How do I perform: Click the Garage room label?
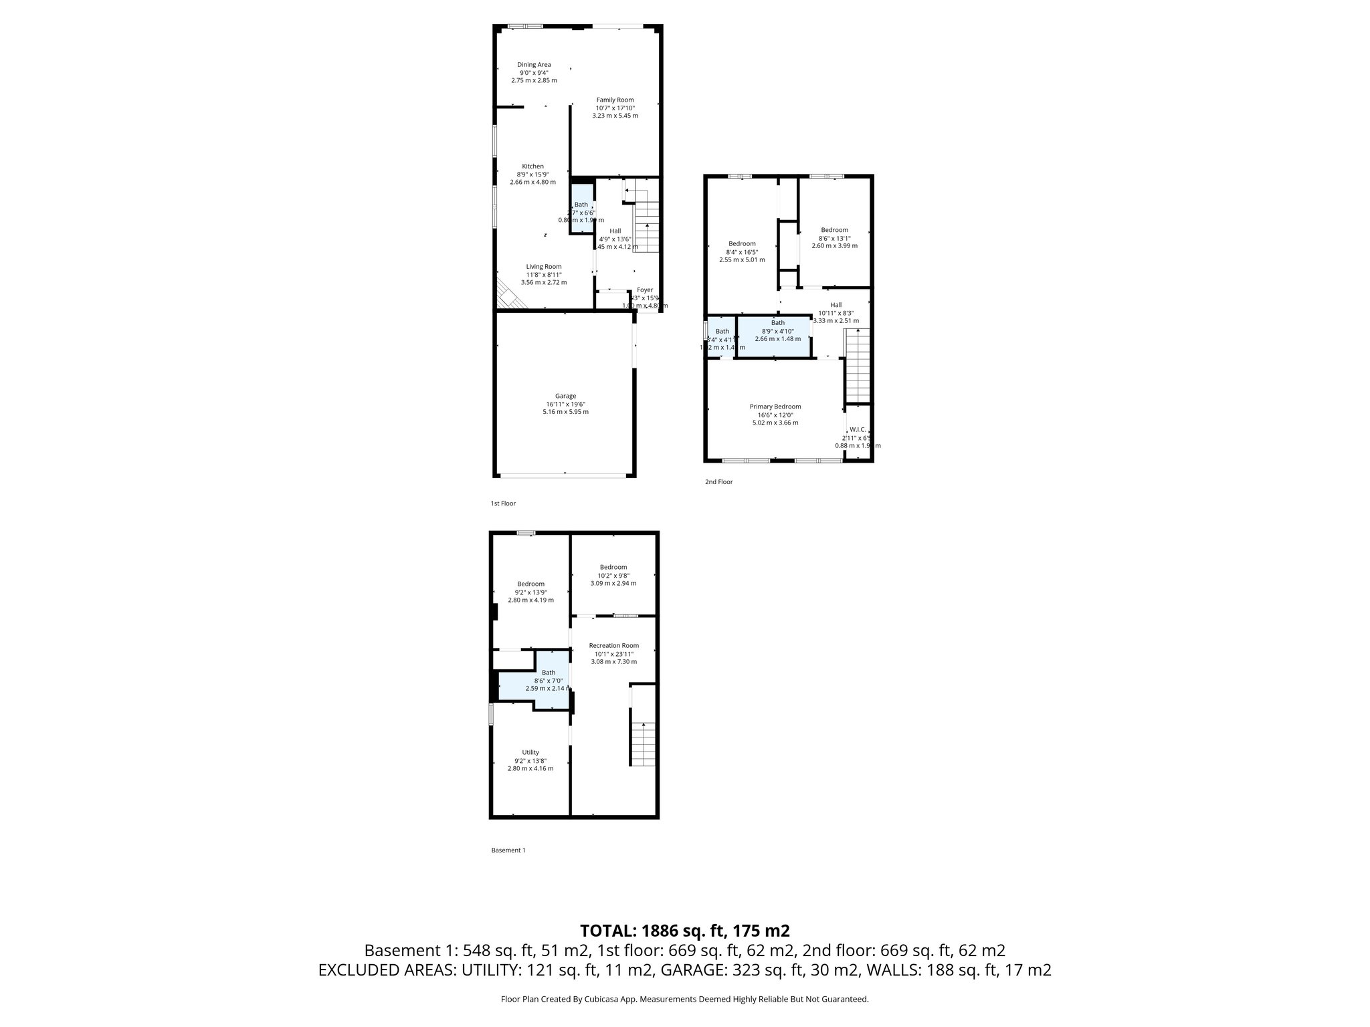(565, 396)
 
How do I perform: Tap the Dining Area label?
(534, 65)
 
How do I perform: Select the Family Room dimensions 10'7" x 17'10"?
(615, 108)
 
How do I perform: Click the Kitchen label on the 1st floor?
(532, 166)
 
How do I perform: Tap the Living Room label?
(543, 266)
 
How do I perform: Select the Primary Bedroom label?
(775, 407)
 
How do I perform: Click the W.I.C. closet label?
(858, 429)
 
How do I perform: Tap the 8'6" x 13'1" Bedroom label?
(834, 230)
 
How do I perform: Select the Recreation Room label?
(613, 645)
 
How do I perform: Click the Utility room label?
(530, 752)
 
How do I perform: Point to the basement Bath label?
(548, 673)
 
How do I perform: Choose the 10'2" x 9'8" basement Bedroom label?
(613, 567)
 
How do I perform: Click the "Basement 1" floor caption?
(508, 850)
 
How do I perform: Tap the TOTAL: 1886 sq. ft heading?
(684, 931)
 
